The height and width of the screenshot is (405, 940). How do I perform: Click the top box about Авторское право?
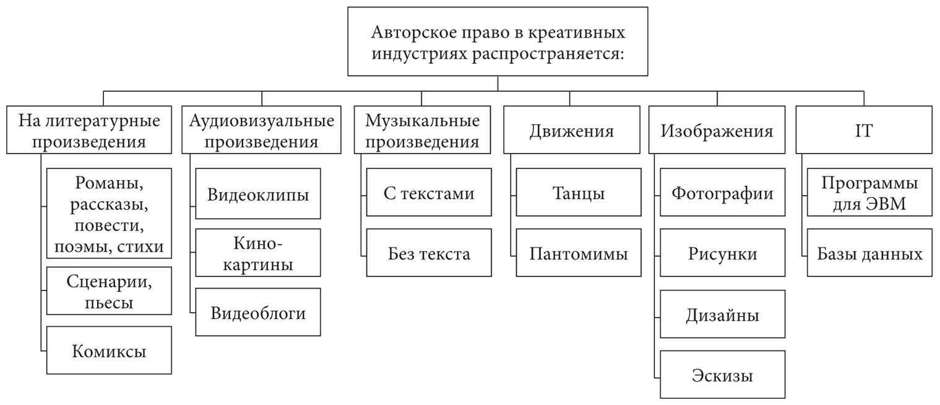498,41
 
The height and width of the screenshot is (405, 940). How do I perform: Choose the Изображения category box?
717,130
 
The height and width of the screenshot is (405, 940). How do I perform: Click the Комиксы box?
109,351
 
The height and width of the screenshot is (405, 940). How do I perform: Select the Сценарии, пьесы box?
109,292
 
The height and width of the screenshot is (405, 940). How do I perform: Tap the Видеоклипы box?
258,193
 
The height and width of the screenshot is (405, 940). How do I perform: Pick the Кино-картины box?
258,253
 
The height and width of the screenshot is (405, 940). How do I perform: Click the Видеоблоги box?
258,312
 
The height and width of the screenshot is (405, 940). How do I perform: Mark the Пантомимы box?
579,253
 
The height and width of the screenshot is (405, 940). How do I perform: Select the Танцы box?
579,193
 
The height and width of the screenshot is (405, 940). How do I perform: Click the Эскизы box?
722,375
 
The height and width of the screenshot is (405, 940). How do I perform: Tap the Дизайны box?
722,315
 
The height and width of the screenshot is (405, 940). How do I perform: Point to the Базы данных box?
869,253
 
